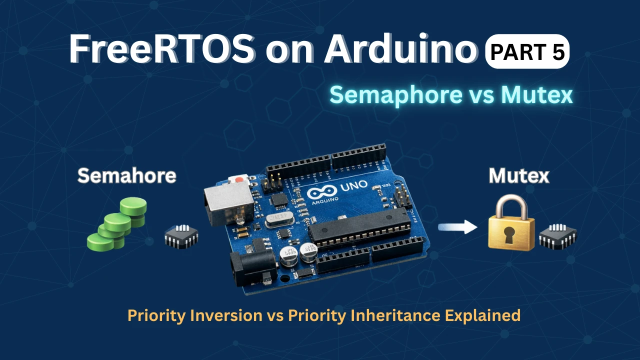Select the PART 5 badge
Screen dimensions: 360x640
(x=527, y=51)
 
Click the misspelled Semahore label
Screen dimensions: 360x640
(x=126, y=175)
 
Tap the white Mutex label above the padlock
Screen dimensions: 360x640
(x=518, y=175)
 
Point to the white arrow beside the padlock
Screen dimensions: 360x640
(x=455, y=228)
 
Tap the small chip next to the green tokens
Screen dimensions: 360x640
(x=181, y=236)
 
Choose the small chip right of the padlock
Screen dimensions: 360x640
(x=557, y=236)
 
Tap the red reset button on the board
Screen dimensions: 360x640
(x=239, y=178)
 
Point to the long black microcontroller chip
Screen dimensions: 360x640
(x=360, y=228)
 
